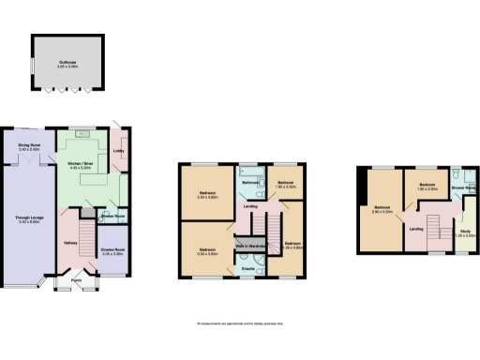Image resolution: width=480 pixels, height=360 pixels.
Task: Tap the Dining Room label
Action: point(28,147)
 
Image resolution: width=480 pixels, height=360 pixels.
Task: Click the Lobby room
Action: point(119,150)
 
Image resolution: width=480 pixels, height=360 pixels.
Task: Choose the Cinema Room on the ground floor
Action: point(112,252)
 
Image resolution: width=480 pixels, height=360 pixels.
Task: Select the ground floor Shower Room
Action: point(113,217)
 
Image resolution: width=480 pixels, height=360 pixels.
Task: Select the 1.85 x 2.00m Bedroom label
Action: point(286,185)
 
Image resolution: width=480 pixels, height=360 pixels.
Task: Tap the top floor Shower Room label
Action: point(462,188)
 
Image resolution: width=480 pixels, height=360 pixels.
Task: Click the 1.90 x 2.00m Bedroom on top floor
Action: point(427,187)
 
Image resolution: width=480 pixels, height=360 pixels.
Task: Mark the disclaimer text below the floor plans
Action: point(240,323)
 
